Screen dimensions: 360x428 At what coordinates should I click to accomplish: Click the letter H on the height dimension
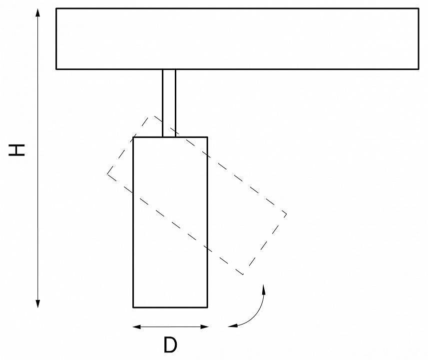pyautogui.click(x=17, y=149)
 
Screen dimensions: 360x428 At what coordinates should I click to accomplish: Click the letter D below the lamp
pyautogui.click(x=170, y=345)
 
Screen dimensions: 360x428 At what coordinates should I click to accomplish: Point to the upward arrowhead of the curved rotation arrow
pyautogui.click(x=264, y=288)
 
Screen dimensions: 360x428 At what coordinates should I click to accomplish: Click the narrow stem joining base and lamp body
pyautogui.click(x=169, y=102)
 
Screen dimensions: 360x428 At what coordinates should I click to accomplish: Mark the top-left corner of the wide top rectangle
pyautogui.click(x=56, y=8)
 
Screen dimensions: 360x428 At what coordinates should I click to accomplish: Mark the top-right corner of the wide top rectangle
pyautogui.click(x=419, y=8)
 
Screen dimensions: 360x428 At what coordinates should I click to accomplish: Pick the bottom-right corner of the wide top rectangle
pyautogui.click(x=419, y=68)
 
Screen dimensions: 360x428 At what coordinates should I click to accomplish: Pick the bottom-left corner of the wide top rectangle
pyautogui.click(x=56, y=68)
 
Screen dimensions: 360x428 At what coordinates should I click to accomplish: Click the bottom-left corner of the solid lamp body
pyautogui.click(x=133, y=306)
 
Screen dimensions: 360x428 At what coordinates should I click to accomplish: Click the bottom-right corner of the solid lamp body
pyautogui.click(x=207, y=306)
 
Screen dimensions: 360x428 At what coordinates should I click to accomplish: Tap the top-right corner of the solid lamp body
pyautogui.click(x=207, y=136)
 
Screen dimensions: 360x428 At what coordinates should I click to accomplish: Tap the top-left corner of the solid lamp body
pyautogui.click(x=133, y=136)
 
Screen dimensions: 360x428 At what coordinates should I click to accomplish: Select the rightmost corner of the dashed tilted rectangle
pyautogui.click(x=287, y=214)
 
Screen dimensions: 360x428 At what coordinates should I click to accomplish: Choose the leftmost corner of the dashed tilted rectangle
pyautogui.click(x=107, y=173)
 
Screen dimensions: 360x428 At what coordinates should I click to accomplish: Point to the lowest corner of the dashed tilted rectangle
pyautogui.click(x=243, y=274)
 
